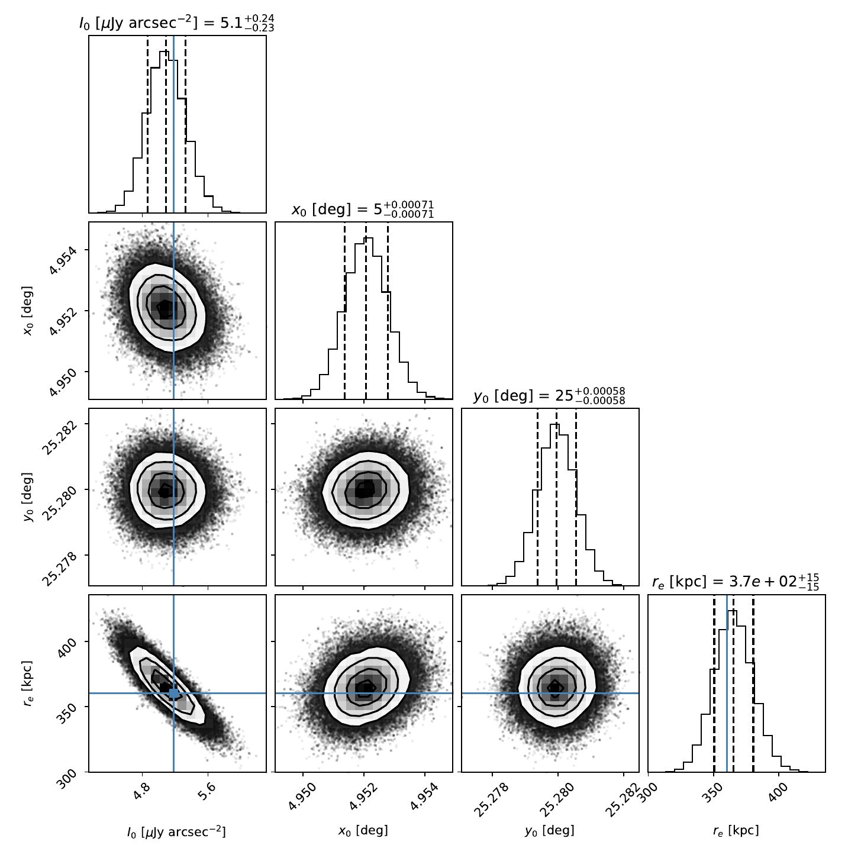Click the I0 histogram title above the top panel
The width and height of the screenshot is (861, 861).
pos(177,23)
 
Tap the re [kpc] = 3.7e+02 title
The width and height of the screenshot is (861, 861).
pos(736,582)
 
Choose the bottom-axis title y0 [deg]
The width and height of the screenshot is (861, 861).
pos(550,831)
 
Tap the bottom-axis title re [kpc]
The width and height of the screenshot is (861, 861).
pos(736,831)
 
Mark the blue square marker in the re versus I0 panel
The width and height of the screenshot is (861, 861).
pos(173,693)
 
